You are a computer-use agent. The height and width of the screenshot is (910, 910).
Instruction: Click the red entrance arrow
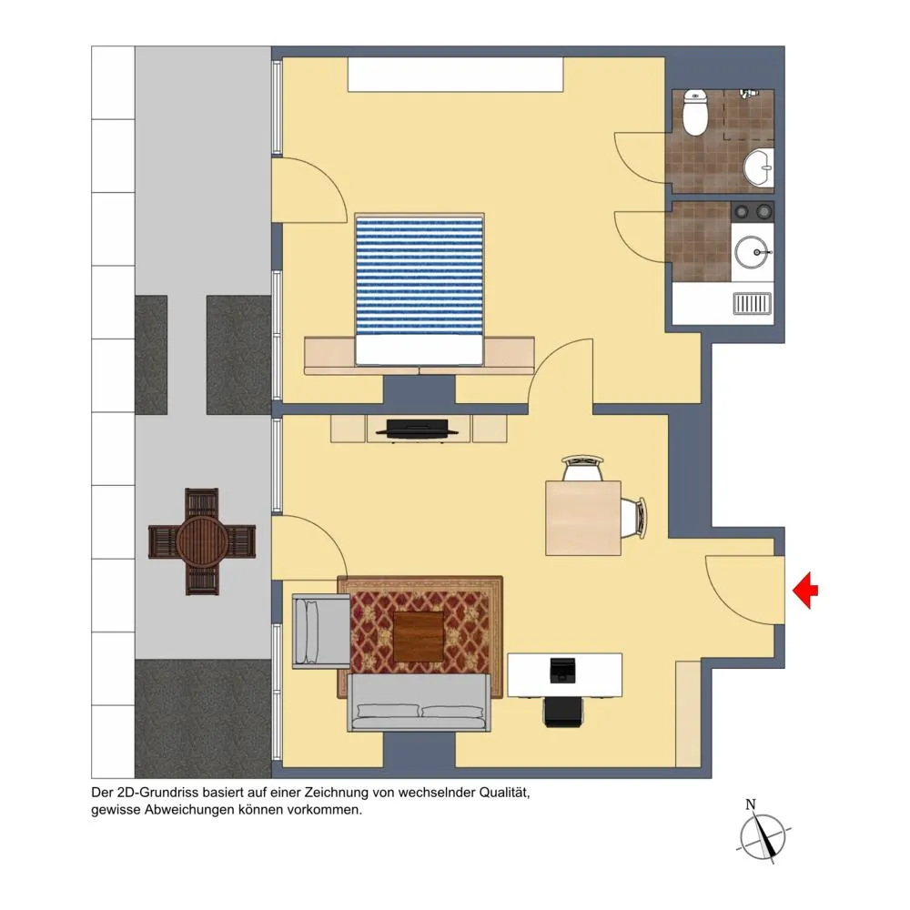(805, 591)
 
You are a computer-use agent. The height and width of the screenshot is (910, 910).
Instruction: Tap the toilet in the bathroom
(694, 112)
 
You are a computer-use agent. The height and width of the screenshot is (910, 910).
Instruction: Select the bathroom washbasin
(759, 167)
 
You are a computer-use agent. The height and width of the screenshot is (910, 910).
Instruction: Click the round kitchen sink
(753, 252)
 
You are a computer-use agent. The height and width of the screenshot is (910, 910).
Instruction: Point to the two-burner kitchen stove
(753, 212)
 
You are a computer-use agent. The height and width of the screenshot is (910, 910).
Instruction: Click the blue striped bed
(419, 289)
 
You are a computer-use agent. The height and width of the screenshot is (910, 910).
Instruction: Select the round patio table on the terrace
(201, 541)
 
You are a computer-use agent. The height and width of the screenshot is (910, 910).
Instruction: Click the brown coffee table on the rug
(419, 637)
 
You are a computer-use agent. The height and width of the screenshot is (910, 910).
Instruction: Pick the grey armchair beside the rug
(321, 632)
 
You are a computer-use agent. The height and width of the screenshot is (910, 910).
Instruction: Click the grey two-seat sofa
(419, 703)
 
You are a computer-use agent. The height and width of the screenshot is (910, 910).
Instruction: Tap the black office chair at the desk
(563, 713)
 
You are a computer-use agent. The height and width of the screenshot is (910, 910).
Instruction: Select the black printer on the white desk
(562, 671)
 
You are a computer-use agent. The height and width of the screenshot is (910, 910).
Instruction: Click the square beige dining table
(583, 519)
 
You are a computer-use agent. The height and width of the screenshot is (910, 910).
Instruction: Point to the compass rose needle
(764, 837)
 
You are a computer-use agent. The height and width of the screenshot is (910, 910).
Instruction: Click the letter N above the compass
(751, 804)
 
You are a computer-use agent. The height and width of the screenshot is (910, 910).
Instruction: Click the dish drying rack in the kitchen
(753, 304)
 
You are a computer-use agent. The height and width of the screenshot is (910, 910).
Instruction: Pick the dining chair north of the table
(583, 468)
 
